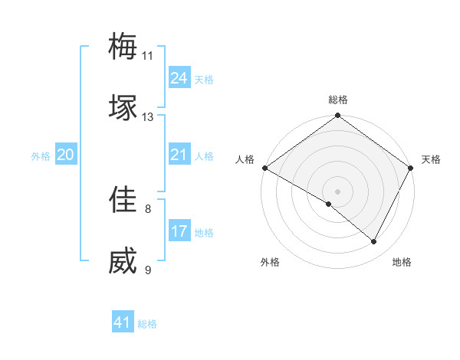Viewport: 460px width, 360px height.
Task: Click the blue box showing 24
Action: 179,78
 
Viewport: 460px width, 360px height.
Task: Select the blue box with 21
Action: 179,155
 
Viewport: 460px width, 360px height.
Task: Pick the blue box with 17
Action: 179,231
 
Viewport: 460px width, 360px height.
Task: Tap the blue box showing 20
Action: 65,155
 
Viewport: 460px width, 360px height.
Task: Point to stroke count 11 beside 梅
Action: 148,56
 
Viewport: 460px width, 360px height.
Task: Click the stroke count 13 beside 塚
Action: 148,117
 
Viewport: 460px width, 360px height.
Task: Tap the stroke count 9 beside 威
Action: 148,270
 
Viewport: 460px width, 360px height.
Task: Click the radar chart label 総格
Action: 337,100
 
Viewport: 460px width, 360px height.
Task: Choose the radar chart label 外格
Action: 270,263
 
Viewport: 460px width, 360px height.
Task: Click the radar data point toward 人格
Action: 264,168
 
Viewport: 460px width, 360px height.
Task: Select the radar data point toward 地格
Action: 374,241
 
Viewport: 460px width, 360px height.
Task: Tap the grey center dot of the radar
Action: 337,191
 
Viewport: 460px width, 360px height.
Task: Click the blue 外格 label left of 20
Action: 41,156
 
